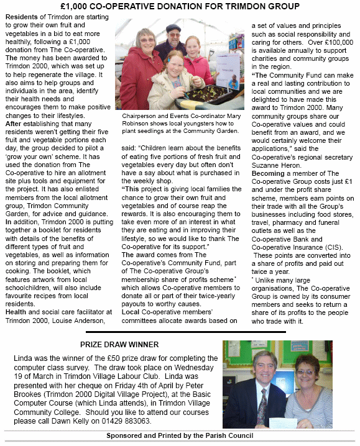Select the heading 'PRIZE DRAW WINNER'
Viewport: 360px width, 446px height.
119,344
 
